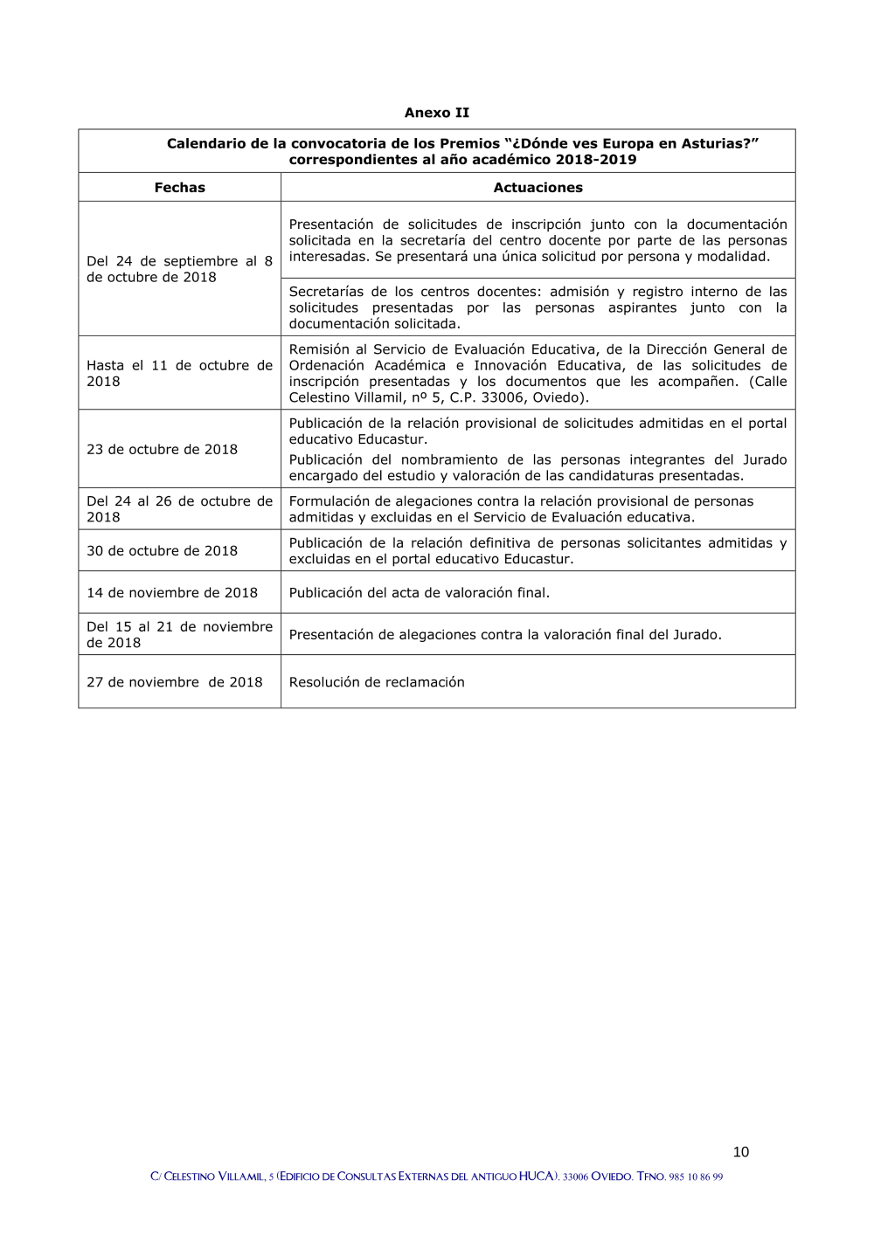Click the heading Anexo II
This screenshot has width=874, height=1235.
436,113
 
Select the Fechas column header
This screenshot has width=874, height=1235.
179,187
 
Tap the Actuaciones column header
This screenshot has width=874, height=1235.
538,187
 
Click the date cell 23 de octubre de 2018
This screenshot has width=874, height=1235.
162,449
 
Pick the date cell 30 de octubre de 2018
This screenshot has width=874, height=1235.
162,551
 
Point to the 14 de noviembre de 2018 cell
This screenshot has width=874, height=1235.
172,593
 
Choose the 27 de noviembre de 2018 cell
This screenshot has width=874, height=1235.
175,682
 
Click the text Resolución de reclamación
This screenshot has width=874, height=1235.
377,682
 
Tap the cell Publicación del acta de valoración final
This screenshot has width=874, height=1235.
420,593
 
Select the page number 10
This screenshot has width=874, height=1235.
740,1152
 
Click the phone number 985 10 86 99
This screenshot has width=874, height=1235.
696,1177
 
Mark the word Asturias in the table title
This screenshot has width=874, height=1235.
716,143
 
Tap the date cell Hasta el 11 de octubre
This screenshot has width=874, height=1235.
179,373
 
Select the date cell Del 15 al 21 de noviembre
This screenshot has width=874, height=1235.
179,634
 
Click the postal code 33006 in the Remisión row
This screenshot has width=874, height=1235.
503,397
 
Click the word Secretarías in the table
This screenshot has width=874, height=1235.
326,292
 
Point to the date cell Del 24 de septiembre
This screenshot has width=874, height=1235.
179,269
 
